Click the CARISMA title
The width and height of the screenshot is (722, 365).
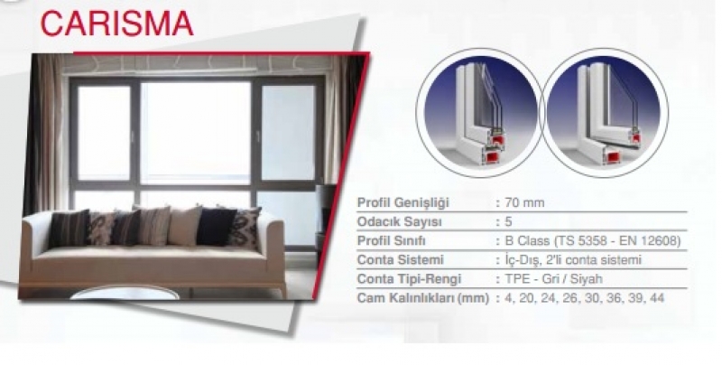(117, 23)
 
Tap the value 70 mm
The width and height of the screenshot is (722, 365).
(524, 202)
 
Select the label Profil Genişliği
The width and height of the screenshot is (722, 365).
(403, 202)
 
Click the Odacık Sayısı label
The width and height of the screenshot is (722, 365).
(399, 221)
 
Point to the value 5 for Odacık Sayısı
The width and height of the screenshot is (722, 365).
(508, 221)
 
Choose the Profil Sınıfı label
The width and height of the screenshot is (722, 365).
(392, 241)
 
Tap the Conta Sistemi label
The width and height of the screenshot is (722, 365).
(400, 260)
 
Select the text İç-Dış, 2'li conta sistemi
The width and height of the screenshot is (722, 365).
(573, 260)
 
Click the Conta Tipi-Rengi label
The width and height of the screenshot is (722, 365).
(410, 279)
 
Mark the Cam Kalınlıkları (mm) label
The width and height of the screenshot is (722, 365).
(422, 298)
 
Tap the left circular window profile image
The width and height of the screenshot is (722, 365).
(479, 113)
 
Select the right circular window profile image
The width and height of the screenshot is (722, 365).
(605, 113)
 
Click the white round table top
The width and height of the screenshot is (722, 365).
(125, 293)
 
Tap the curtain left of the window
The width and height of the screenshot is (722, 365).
(45, 134)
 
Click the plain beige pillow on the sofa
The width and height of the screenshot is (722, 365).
(183, 226)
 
